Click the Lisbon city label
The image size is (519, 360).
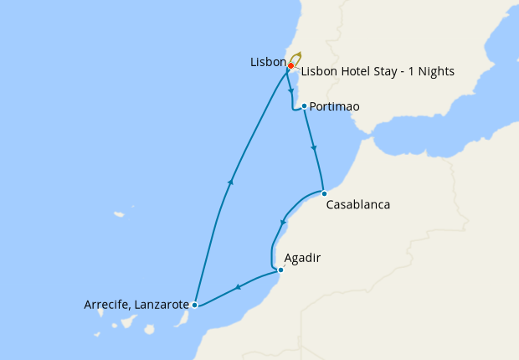point(267,63)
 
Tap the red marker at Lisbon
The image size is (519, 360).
point(290,65)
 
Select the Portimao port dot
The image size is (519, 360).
point(304,106)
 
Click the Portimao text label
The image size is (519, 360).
point(335,107)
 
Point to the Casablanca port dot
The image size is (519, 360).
point(324,193)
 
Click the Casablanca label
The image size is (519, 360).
point(357,204)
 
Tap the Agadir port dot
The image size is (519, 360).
point(280,270)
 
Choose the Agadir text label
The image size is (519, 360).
point(302,258)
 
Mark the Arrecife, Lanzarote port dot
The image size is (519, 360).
point(194,305)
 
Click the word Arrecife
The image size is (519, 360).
point(107,305)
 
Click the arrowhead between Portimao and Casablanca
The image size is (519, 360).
point(314,149)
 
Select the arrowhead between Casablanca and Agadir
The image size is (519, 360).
point(284,223)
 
